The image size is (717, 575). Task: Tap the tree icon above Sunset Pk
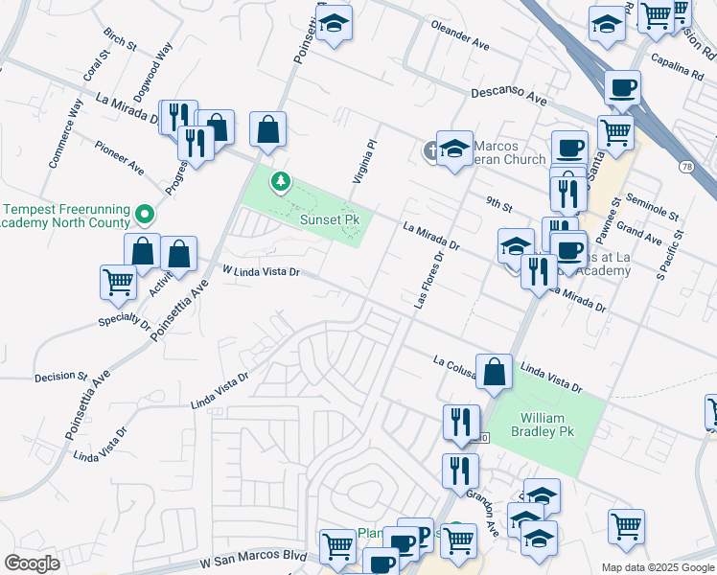[x=280, y=180]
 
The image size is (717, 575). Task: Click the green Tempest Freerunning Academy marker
[x=145, y=213]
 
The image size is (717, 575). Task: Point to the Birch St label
[x=114, y=39]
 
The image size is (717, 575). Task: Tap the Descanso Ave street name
[x=508, y=97]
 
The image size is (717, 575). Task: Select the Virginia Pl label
[x=367, y=157]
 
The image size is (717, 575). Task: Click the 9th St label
[x=498, y=205]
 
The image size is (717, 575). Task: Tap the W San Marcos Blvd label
[x=253, y=558]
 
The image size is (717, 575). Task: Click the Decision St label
[x=60, y=377]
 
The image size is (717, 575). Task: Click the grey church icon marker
[x=432, y=149]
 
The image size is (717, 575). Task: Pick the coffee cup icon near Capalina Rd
[x=622, y=88]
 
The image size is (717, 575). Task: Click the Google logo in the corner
[x=32, y=563]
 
